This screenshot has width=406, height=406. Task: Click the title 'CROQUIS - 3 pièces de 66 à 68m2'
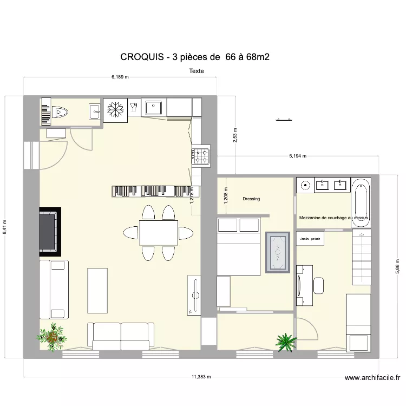(194, 57)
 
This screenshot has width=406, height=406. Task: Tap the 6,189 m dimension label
(120, 77)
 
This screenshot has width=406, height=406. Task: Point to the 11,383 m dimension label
(201, 377)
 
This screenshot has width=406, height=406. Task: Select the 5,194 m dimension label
(297, 156)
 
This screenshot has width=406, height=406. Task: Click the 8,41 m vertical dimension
(5, 226)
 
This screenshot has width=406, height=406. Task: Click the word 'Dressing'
(251, 199)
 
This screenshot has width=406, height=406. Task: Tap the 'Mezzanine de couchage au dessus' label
(333, 218)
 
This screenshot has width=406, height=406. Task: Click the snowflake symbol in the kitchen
(114, 108)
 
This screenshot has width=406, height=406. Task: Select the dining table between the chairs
(158, 233)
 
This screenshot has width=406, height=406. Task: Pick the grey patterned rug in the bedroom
(278, 252)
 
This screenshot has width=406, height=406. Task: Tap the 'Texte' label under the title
(197, 71)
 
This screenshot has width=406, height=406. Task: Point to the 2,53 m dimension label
(234, 135)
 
